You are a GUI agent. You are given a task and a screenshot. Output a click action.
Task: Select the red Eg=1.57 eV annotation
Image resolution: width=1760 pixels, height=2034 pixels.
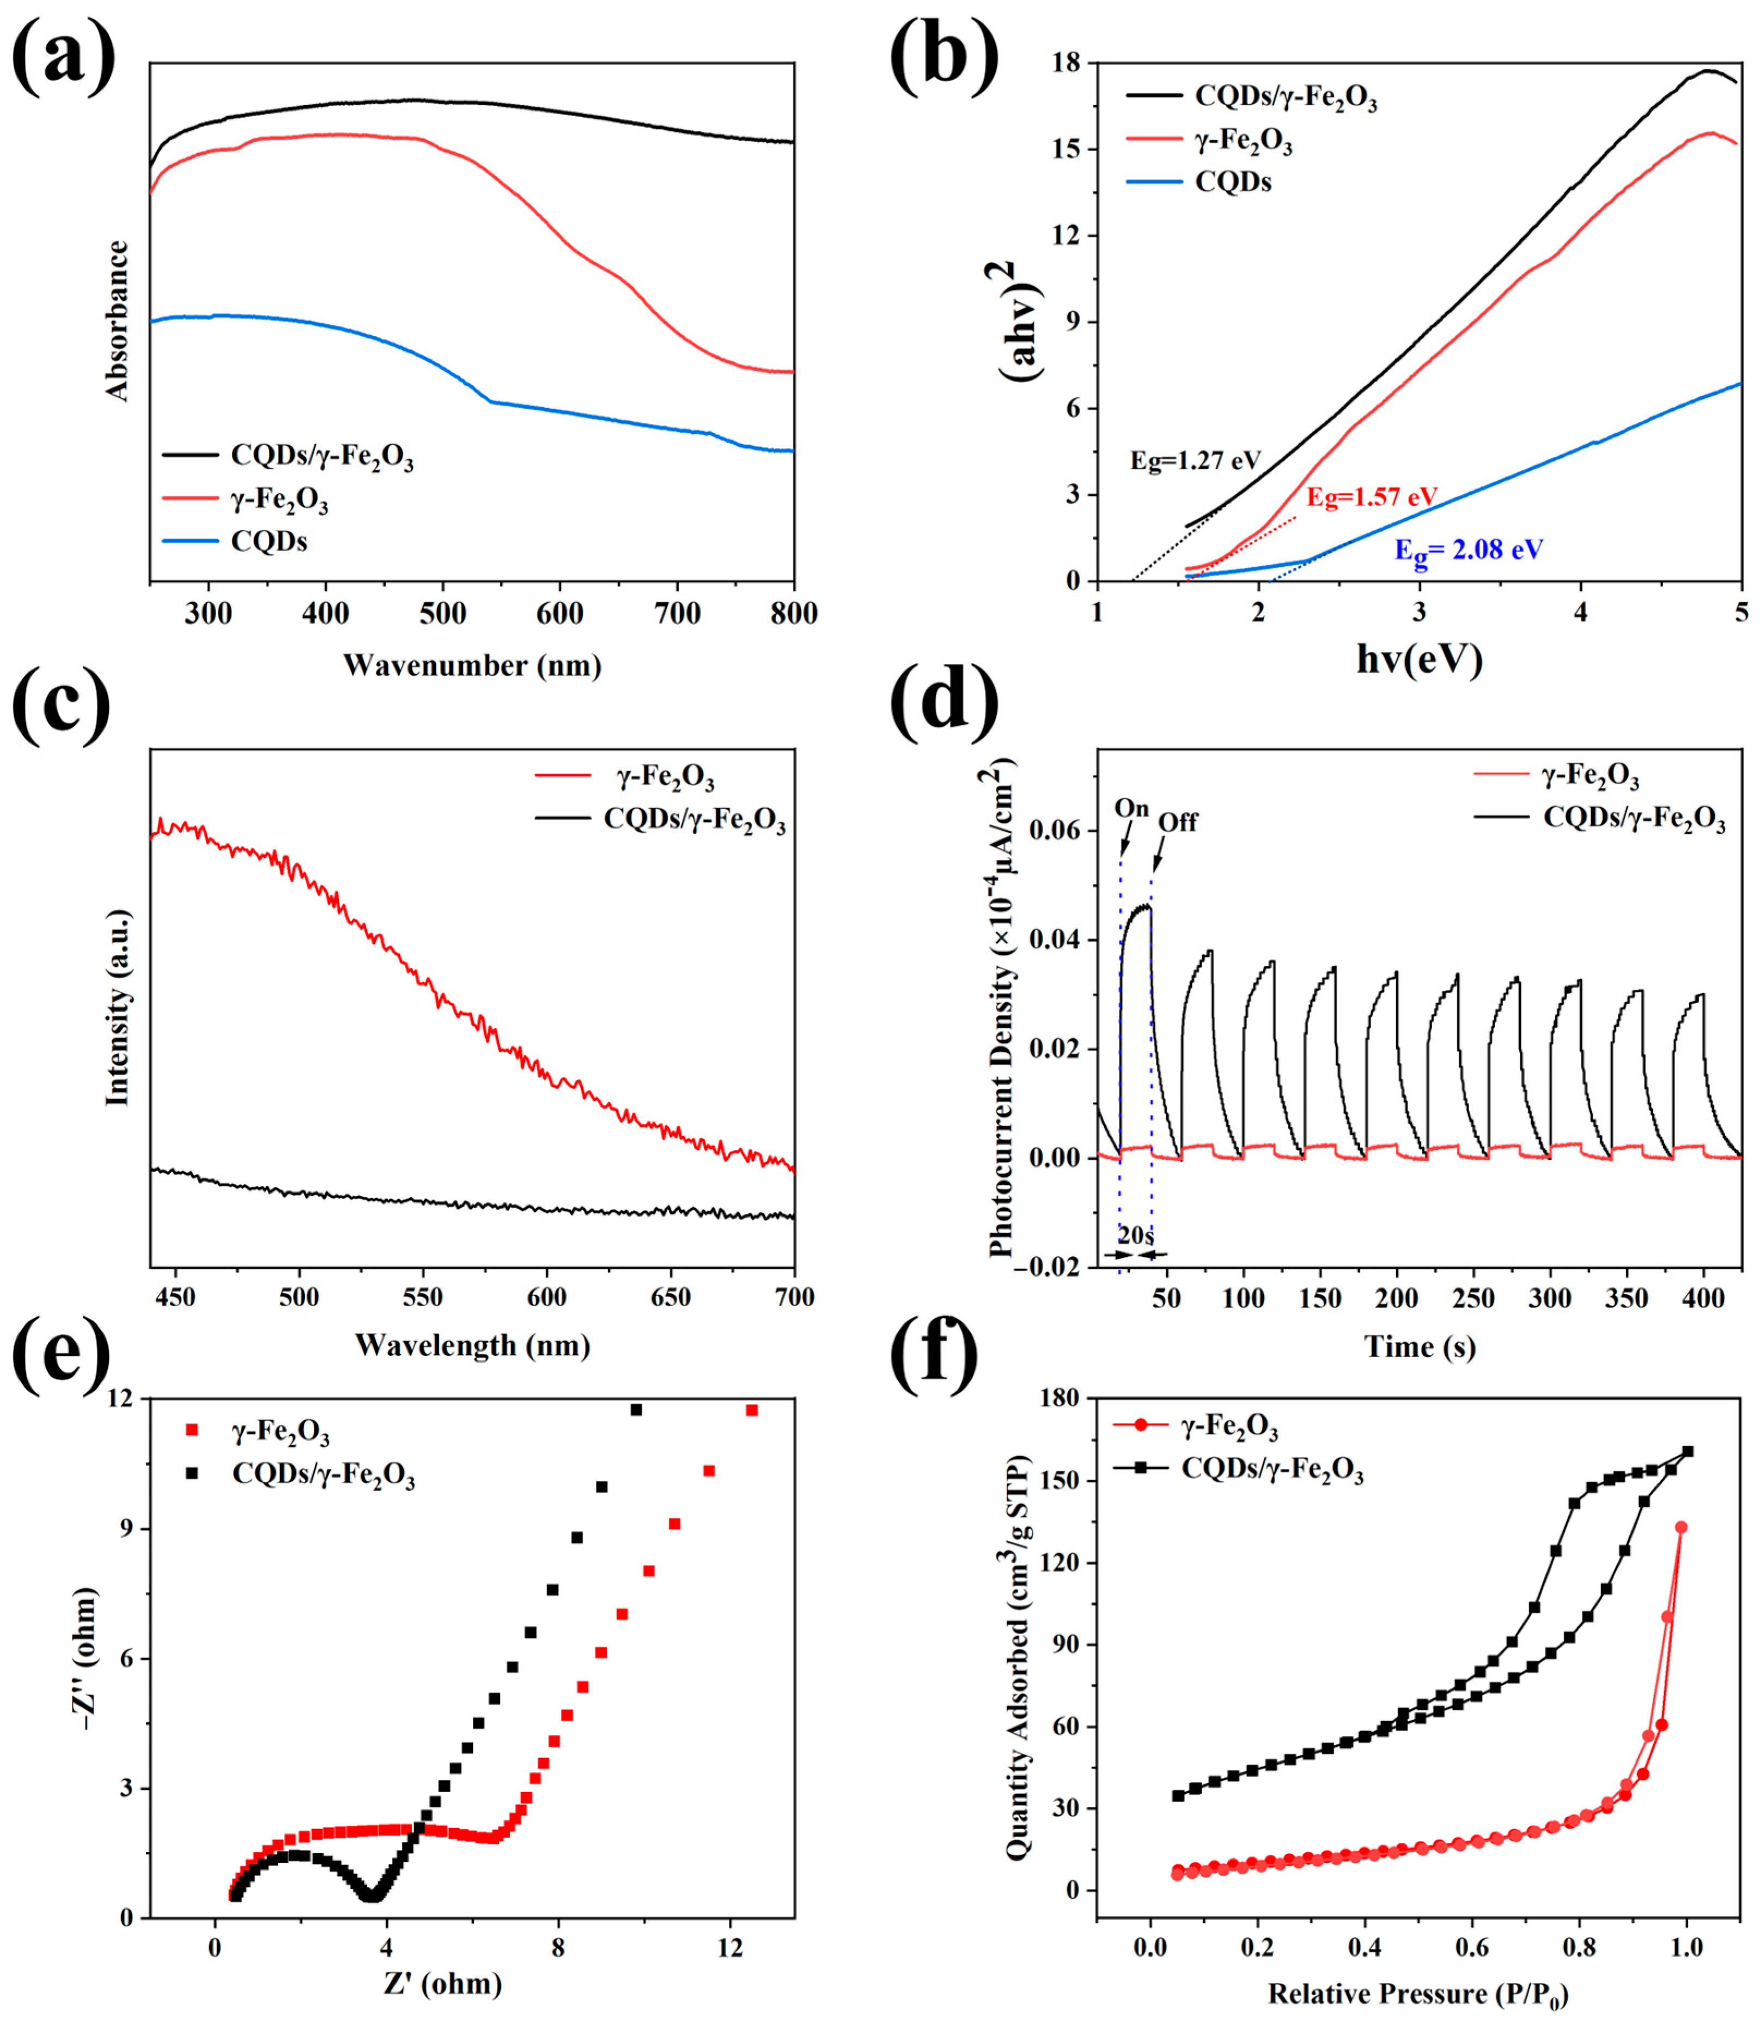[x=1371, y=497]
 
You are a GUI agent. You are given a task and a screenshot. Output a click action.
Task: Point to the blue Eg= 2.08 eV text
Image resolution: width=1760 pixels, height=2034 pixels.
[x=1469, y=550]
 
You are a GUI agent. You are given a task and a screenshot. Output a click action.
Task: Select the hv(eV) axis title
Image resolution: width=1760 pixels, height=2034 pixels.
[x=1419, y=661]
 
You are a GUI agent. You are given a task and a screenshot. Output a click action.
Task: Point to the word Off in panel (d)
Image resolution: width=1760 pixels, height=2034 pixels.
[x=1178, y=822]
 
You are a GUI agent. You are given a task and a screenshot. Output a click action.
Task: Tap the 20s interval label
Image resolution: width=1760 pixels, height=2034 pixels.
[x=1136, y=1235]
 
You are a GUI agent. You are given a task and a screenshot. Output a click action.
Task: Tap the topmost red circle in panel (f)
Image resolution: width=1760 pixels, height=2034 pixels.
[x=1680, y=1527]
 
